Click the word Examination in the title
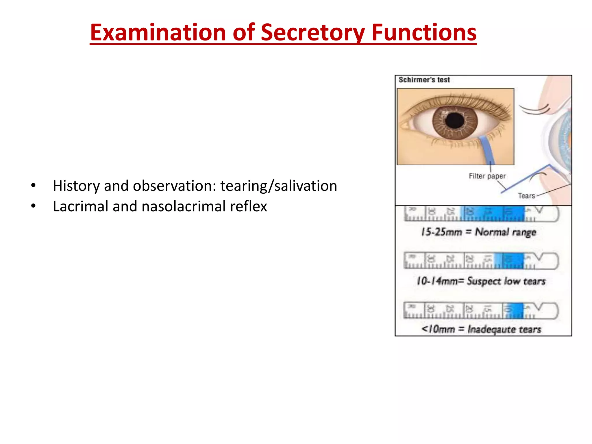click(x=158, y=32)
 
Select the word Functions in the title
click(x=424, y=32)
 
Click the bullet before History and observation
click(x=34, y=185)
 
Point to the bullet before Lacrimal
click(x=34, y=206)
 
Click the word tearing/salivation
click(x=279, y=186)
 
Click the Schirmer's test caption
click(x=424, y=80)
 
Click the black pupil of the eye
click(x=454, y=121)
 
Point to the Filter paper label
click(x=487, y=176)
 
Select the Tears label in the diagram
click(x=526, y=196)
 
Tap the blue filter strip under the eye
click(x=488, y=150)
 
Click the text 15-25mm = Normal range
click(x=479, y=232)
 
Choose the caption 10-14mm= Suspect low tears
click(x=481, y=281)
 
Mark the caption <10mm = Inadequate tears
click(x=481, y=329)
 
